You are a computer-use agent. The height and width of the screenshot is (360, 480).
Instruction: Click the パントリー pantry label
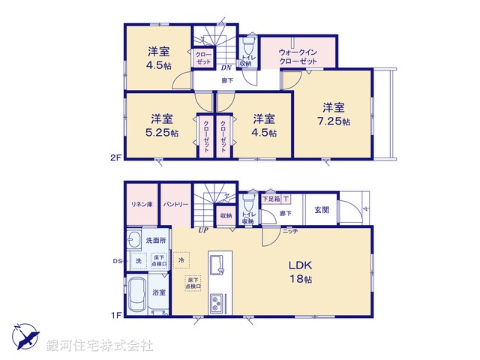(175, 204)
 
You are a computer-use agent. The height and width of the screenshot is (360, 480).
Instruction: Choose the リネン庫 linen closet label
(140, 204)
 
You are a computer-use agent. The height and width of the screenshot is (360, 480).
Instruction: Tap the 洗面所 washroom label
(157, 241)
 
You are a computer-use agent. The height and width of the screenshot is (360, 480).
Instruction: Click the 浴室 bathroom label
(159, 293)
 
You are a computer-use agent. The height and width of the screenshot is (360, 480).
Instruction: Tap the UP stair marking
(202, 230)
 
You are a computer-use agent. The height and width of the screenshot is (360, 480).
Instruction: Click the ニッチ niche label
(290, 231)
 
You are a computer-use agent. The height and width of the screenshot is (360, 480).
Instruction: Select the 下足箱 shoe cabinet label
(269, 199)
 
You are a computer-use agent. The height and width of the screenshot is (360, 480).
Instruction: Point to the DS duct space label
(117, 261)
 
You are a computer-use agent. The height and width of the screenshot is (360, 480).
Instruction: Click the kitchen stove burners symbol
(217, 304)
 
